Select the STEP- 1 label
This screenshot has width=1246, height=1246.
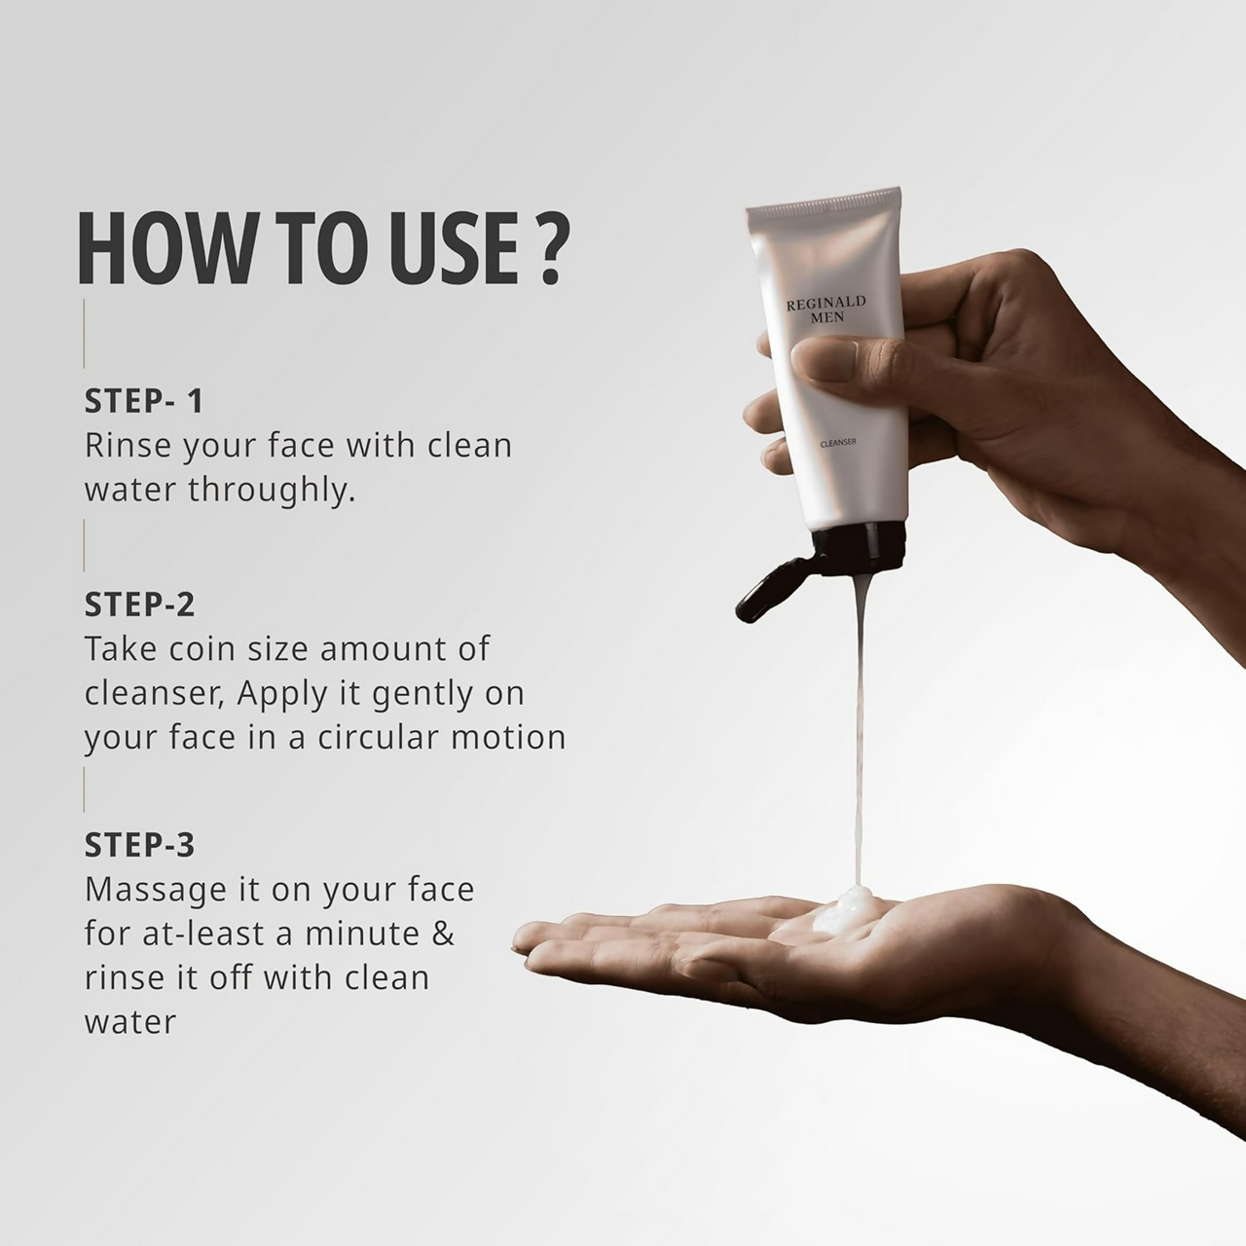pyautogui.click(x=143, y=401)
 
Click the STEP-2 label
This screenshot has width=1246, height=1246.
pyautogui.click(x=139, y=604)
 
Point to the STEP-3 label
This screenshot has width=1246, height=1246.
pyautogui.click(x=139, y=845)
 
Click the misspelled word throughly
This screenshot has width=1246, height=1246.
pyautogui.click(x=272, y=490)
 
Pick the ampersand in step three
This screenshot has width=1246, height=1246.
pyautogui.click(x=443, y=934)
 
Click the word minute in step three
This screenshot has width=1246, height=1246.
pyautogui.click(x=362, y=934)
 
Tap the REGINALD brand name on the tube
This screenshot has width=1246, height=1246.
pyautogui.click(x=825, y=303)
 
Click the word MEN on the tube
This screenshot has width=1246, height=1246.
pyautogui.click(x=827, y=317)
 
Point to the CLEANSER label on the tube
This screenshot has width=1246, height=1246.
pyautogui.click(x=838, y=443)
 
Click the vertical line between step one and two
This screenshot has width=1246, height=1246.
pyautogui.click(x=84, y=545)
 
